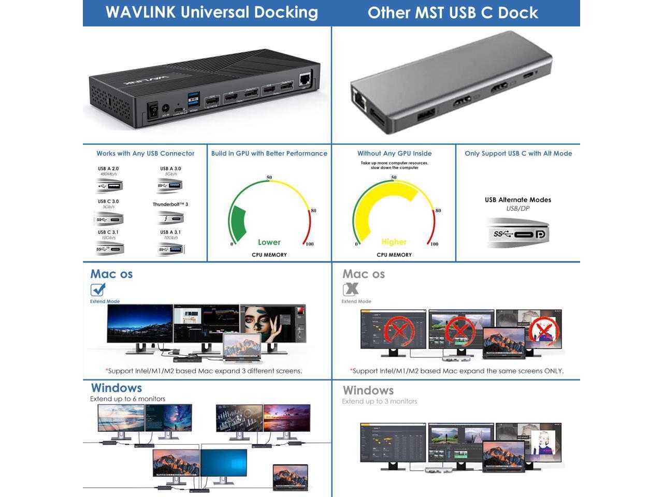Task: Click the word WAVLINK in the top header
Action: click(x=140, y=12)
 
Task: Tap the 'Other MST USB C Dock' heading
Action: click(x=453, y=13)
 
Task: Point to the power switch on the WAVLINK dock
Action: click(x=153, y=109)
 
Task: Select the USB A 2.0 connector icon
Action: click(x=109, y=186)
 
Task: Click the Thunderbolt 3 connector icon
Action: click(x=170, y=218)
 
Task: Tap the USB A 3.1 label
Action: click(x=170, y=232)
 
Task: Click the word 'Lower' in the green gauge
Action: click(x=269, y=242)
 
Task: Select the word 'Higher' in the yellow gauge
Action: click(x=394, y=242)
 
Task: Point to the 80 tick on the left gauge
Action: click(x=313, y=211)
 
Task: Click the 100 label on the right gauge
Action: click(x=434, y=244)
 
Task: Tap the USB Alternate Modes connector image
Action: click(x=517, y=233)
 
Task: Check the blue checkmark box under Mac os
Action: click(x=97, y=289)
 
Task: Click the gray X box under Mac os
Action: click(x=350, y=289)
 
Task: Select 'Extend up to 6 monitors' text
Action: click(x=127, y=399)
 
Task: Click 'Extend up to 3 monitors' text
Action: click(x=379, y=401)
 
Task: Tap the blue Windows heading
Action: click(x=116, y=388)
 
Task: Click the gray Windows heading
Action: click(x=368, y=390)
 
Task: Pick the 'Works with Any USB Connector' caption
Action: click(x=145, y=153)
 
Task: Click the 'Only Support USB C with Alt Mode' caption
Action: click(x=518, y=153)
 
